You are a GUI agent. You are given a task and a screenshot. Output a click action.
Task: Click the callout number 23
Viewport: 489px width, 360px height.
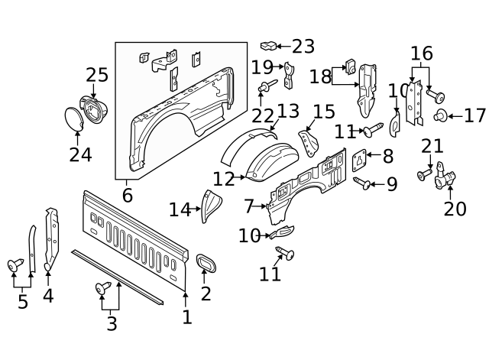303,47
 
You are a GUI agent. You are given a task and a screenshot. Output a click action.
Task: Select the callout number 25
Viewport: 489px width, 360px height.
97,75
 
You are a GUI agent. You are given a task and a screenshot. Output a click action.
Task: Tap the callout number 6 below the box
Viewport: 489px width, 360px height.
128,196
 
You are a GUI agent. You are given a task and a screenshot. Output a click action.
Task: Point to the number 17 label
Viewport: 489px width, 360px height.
475,115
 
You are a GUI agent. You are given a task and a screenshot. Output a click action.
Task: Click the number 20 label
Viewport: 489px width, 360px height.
455,209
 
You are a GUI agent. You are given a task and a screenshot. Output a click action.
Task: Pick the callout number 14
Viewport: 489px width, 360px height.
180,209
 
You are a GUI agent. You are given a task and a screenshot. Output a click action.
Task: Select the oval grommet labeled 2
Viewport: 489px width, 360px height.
206,262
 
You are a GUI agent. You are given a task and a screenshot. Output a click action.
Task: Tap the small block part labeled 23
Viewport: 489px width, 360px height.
268,46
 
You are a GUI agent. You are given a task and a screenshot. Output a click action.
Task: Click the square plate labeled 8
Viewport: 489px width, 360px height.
359,161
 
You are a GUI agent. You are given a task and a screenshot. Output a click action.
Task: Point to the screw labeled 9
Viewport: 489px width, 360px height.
361,183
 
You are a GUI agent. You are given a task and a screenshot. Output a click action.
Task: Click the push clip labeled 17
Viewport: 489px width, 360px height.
440,115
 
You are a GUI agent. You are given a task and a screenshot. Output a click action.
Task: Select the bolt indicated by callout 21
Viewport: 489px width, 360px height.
424,174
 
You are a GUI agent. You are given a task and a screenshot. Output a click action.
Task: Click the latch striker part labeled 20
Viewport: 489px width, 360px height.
445,176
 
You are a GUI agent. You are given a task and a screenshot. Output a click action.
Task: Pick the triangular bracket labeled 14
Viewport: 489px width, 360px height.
211,206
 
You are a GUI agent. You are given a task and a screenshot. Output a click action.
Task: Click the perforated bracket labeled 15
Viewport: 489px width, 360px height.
309,144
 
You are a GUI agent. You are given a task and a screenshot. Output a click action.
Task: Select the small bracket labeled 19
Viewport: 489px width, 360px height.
289,75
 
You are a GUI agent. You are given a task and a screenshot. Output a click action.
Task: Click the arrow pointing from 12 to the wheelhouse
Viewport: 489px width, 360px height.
239,177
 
